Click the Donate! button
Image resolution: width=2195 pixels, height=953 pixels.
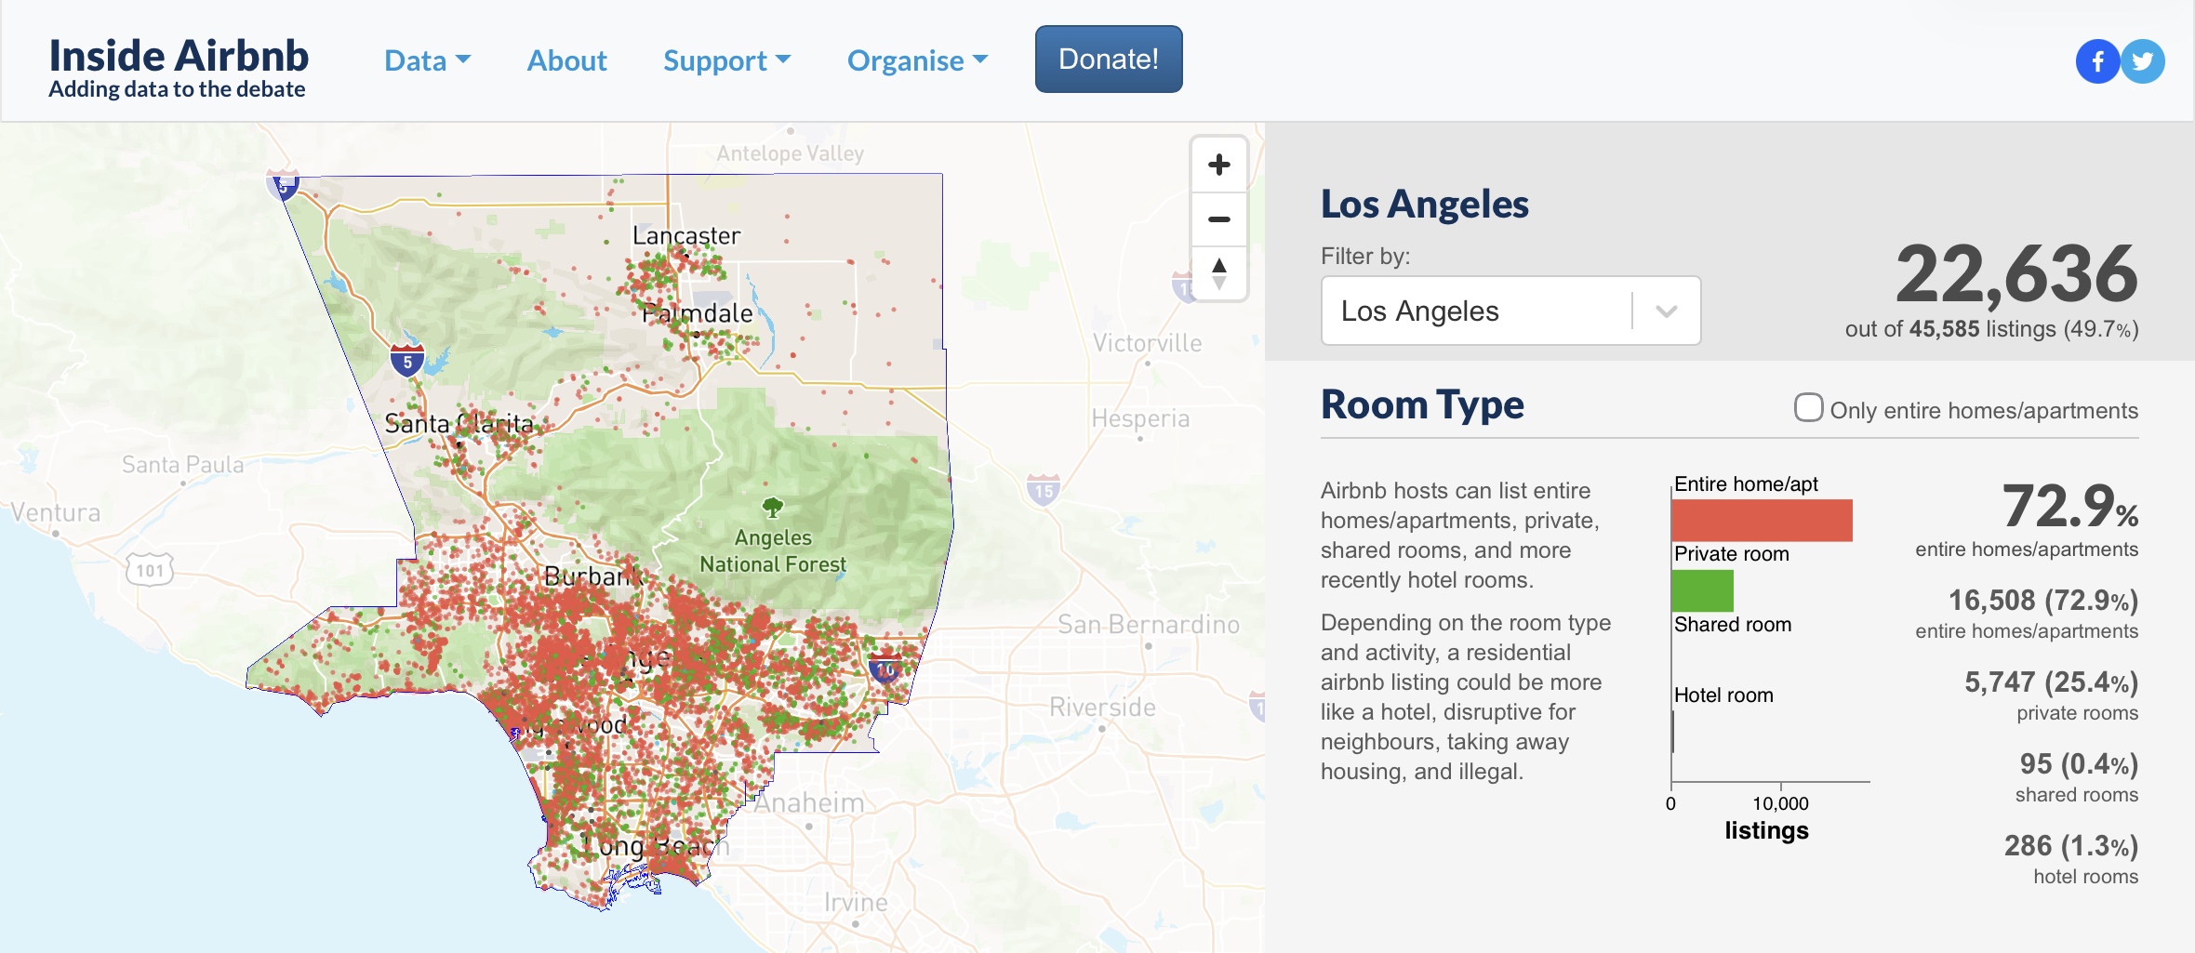[x=1109, y=60]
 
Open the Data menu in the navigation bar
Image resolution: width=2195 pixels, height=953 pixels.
[x=427, y=61]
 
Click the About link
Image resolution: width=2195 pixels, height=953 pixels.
[x=566, y=61]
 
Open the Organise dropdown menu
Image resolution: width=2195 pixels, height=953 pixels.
[x=917, y=61]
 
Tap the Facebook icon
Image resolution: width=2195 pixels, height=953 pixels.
[x=2097, y=62]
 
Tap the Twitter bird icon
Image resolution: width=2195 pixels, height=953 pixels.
[x=2143, y=62]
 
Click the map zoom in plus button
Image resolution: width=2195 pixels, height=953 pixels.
[x=1218, y=165]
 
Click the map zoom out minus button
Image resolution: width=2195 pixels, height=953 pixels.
[x=1218, y=219]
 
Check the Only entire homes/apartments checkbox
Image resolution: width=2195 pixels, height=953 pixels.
[x=1808, y=407]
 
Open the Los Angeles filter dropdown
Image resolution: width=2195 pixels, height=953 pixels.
[x=1510, y=311]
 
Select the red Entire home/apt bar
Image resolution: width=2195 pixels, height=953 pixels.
[x=1762, y=521]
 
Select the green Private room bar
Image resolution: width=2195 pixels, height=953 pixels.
[x=1702, y=590]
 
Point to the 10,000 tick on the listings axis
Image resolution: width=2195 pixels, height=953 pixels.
[x=1780, y=802]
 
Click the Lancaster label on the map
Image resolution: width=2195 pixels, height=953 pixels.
[x=686, y=236]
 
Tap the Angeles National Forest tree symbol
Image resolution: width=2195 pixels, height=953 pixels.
[x=772, y=507]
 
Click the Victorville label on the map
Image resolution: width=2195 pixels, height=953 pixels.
[x=1147, y=343]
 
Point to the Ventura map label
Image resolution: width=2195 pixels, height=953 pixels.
[x=56, y=512]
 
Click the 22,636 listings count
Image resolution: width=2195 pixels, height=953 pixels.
[x=2016, y=274]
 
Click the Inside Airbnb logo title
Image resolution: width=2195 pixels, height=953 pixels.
[x=179, y=56]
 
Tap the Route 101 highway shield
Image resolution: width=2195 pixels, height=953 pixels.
[x=150, y=570]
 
